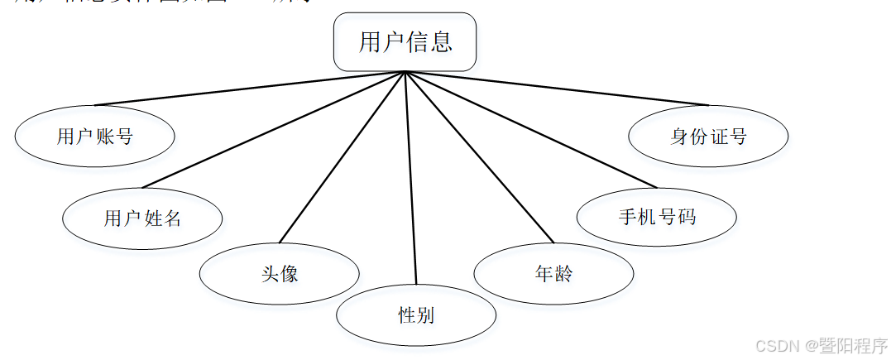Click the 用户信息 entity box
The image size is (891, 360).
pyautogui.click(x=405, y=41)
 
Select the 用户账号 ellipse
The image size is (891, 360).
pyautogui.click(x=94, y=137)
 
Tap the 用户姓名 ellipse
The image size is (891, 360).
pyautogui.click(x=142, y=218)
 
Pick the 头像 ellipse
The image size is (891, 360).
pyautogui.click(x=279, y=273)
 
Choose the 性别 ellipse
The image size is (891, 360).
pyautogui.click(x=415, y=315)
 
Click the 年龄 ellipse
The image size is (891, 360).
pyautogui.click(x=553, y=273)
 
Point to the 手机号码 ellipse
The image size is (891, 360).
pyautogui.click(x=656, y=218)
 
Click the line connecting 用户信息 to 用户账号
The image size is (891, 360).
pyautogui.click(x=248, y=89)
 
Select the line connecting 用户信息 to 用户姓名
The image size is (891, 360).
pyautogui.click(x=273, y=129)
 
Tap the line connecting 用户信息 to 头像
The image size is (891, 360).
pyautogui.click(x=343, y=156)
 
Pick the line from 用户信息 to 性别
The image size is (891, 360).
pyautogui.click(x=410, y=178)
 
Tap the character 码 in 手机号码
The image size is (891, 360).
pyautogui.click(x=686, y=218)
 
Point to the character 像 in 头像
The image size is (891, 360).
pyautogui.click(x=289, y=273)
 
